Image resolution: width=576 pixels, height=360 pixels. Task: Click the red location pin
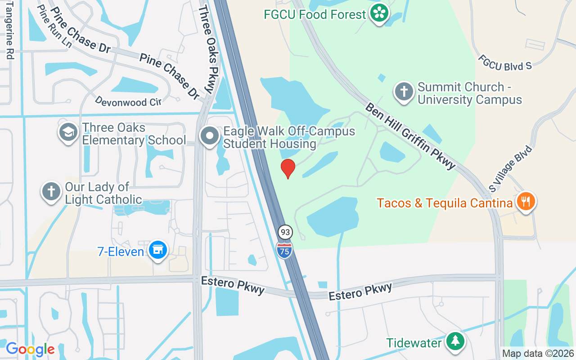click(x=288, y=168)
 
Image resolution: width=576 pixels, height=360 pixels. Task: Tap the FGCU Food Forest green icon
click(x=379, y=13)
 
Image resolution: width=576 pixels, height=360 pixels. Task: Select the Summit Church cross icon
click(x=404, y=92)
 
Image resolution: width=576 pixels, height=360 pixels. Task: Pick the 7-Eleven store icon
click(x=157, y=250)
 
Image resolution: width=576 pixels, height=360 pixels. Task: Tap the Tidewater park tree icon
click(x=455, y=341)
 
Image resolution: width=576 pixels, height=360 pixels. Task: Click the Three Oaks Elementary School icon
click(x=68, y=133)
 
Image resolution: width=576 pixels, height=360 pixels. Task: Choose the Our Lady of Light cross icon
click(x=51, y=192)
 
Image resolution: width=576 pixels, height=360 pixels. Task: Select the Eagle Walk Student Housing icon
click(x=209, y=136)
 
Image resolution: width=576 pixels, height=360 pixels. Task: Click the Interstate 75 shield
click(x=284, y=250)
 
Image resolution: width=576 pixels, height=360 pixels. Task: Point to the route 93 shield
click(x=284, y=232)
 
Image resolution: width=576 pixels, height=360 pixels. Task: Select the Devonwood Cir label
click(x=128, y=101)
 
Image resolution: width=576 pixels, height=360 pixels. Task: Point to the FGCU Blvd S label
click(x=505, y=63)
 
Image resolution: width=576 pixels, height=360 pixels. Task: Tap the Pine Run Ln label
click(x=54, y=27)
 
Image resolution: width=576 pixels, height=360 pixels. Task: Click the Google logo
click(x=30, y=349)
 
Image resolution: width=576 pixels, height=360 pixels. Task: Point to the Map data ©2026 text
click(x=538, y=354)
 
